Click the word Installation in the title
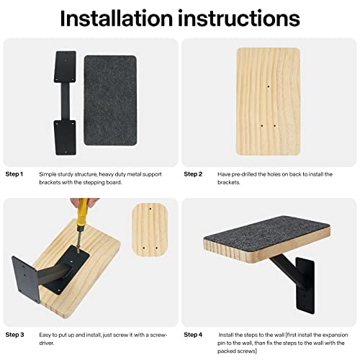[115, 17]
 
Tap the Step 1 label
[15, 174]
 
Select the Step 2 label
[194, 174]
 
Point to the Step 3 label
[15, 335]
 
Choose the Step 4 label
[194, 335]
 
